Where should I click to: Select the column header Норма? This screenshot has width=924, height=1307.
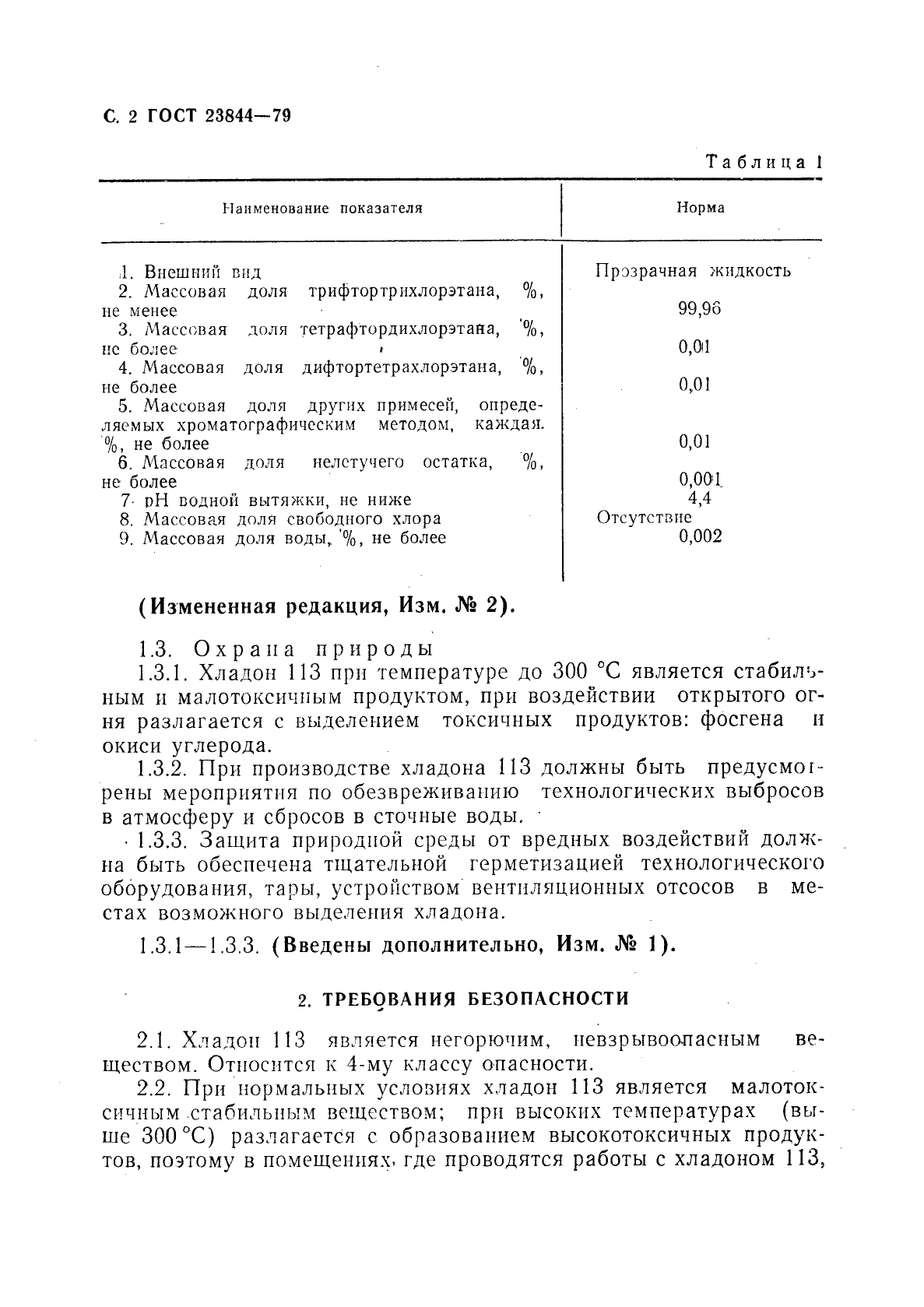[x=700, y=209]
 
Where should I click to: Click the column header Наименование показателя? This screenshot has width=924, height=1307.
[x=322, y=209]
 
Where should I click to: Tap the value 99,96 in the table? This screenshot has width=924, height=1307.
[x=699, y=309]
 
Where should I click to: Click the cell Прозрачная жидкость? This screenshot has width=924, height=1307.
[x=693, y=271]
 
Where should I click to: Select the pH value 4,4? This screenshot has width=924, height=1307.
[x=700, y=499]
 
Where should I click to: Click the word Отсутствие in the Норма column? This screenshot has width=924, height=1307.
[x=645, y=518]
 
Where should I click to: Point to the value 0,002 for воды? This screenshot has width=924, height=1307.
[x=700, y=536]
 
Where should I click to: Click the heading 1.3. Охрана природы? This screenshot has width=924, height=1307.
[x=285, y=648]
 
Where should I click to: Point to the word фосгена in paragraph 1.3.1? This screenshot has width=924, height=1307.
[x=740, y=719]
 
